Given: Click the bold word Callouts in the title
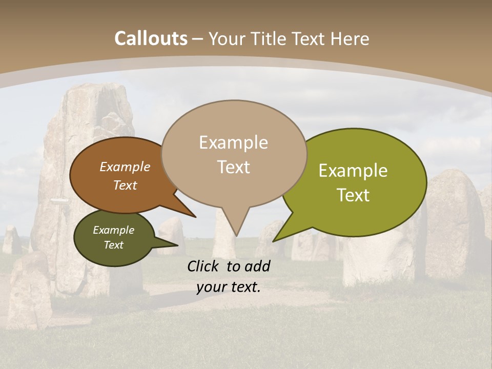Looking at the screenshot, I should tap(151, 38).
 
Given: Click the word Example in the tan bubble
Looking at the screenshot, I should tap(233, 142).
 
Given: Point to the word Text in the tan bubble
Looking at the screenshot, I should tap(233, 167).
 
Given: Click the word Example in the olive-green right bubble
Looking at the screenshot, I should tap(353, 171).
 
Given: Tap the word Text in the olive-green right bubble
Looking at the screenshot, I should tap(353, 195).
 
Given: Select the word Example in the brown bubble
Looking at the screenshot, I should tap(125, 167).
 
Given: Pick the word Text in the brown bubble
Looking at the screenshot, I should tap(125, 185).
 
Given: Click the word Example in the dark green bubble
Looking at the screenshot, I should tap(113, 230).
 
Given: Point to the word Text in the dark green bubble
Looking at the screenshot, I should tap(113, 245).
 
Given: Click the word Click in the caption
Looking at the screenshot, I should tap(204, 266).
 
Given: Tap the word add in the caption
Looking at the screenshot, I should tap(257, 266).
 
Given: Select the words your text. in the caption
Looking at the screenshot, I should tap(228, 287).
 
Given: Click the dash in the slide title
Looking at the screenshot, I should tap(198, 39).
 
